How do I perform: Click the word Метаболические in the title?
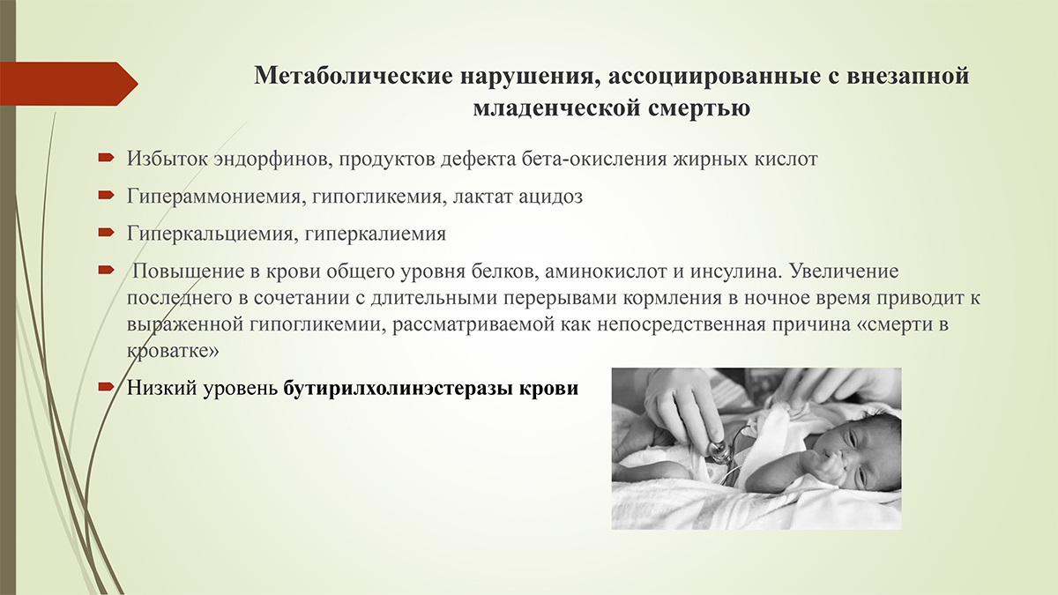(354, 76)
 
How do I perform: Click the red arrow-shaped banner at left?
(69, 84)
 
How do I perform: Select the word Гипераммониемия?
(213, 197)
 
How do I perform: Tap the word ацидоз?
(550, 197)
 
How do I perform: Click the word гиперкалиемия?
(375, 234)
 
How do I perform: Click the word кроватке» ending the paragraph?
(173, 352)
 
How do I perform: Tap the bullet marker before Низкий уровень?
(106, 387)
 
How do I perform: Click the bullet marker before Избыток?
(106, 157)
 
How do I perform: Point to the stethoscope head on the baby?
(718, 450)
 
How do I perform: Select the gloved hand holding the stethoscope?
(685, 406)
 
